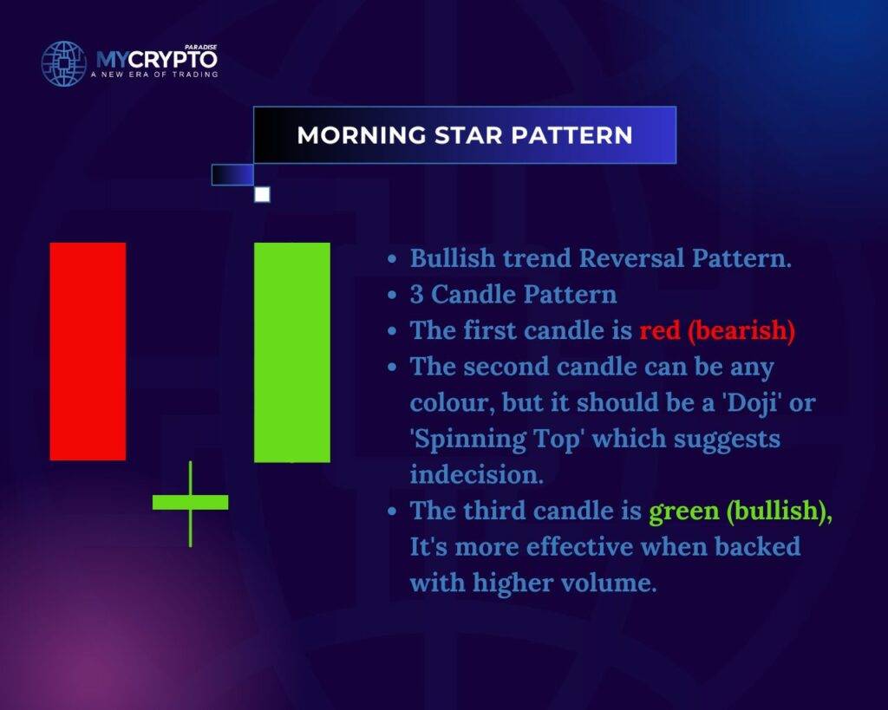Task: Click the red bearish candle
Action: tap(88, 351)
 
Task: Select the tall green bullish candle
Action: tap(292, 352)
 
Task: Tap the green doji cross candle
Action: tap(190, 504)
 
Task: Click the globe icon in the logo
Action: tap(64, 63)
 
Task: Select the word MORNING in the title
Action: tap(362, 135)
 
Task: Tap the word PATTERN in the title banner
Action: tap(572, 135)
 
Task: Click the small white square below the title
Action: tap(262, 194)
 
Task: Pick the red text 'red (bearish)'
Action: tap(717, 330)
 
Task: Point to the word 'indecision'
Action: tap(476, 474)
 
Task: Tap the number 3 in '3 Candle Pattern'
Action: tap(417, 295)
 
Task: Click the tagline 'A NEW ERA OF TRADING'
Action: tap(154, 75)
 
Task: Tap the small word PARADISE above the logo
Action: tap(201, 48)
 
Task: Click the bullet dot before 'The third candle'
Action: tap(393, 511)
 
